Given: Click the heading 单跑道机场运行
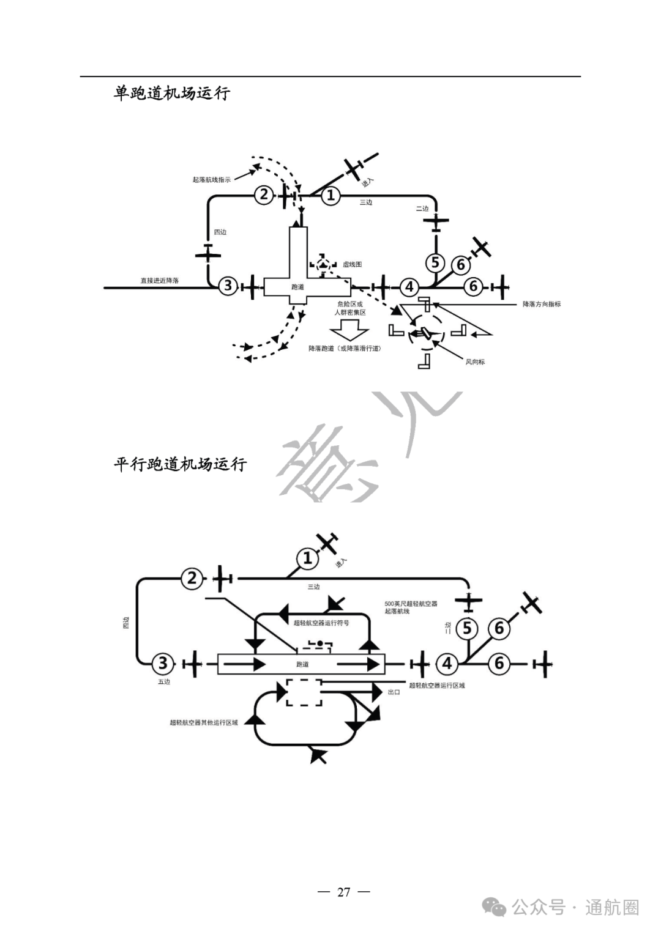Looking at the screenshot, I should (172, 93).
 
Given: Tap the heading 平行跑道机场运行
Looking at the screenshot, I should (180, 464).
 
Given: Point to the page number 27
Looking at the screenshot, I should (343, 892).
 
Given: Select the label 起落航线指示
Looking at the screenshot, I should (212, 180).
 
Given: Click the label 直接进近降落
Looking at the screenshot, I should (160, 281).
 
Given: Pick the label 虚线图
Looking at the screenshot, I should (353, 264).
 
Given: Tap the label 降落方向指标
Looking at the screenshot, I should (541, 304).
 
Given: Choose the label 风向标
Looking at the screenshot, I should (475, 361).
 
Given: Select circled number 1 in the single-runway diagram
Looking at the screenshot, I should (330, 196).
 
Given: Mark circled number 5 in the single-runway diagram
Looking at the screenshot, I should (435, 263).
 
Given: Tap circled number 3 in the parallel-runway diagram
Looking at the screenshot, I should (163, 663).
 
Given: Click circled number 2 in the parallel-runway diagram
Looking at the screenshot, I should (192, 578).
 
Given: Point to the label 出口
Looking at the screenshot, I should (394, 692).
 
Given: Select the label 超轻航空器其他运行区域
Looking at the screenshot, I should (203, 722).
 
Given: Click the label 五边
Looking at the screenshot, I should (164, 681).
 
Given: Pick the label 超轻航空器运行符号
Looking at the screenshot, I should (321, 623).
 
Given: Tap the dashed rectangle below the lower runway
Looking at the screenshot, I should (304, 692).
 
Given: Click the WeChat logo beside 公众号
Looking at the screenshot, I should (495, 906).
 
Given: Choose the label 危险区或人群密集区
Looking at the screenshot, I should (350, 308).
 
